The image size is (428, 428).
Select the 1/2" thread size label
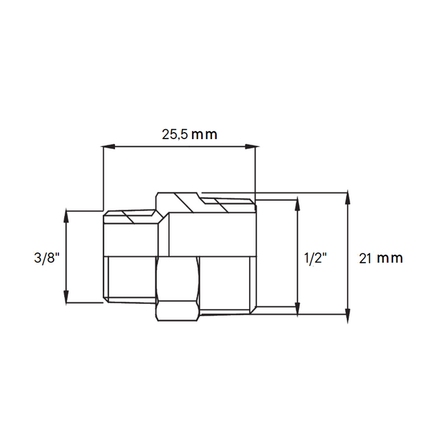point(315,258)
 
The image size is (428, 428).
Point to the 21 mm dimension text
point(380,258)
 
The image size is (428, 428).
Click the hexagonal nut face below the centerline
point(176,289)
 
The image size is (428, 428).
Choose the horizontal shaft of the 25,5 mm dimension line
point(178,148)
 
